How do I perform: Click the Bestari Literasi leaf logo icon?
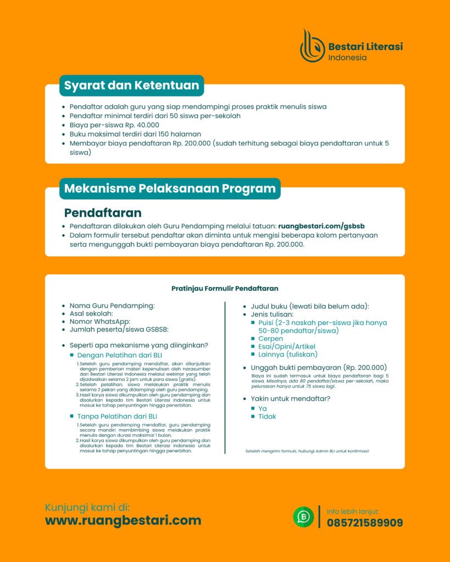coord(312,46)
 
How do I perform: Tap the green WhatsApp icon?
coord(303,517)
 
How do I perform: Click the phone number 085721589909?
coord(364,522)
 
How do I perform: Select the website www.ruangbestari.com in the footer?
coord(123,520)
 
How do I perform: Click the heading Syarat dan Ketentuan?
coord(131,86)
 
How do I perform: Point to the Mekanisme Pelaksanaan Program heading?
coord(170,189)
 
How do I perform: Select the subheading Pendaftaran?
coord(103,212)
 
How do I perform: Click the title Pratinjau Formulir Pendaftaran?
coord(225,288)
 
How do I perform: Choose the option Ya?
coord(263,408)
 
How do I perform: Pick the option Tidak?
coord(267,417)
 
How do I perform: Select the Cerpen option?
coord(270,339)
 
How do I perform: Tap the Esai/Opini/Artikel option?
coord(286,347)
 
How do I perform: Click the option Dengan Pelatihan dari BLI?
coord(123,356)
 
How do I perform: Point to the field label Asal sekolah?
coord(91,313)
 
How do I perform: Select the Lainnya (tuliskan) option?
coord(288,355)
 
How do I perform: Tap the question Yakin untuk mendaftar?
coord(290,398)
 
